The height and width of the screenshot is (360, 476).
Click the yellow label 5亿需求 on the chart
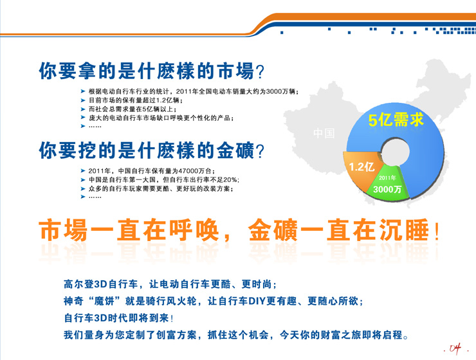coord(396,119)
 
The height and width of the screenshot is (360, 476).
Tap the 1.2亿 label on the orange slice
coord(362,166)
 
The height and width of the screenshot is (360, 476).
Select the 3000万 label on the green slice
coord(387,189)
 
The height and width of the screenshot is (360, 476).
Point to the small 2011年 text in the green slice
coord(387,177)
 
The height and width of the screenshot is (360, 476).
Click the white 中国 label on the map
coord(324,133)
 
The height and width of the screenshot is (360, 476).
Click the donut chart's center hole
coord(395,151)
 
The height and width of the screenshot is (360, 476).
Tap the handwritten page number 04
coord(455,348)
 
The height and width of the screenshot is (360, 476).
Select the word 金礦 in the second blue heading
coord(235,150)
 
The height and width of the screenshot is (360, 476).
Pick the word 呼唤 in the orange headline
coord(194,230)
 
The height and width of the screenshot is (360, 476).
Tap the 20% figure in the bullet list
coord(230,180)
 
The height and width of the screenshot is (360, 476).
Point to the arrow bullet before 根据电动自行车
coord(83,91)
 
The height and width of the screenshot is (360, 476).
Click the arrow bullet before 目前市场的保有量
coord(83,100)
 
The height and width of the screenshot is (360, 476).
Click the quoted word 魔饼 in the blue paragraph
coord(104,301)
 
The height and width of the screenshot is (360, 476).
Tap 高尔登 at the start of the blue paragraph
coord(78,284)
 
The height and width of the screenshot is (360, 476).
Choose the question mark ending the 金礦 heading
coord(260,151)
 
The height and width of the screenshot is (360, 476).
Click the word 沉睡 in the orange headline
coord(404,230)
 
